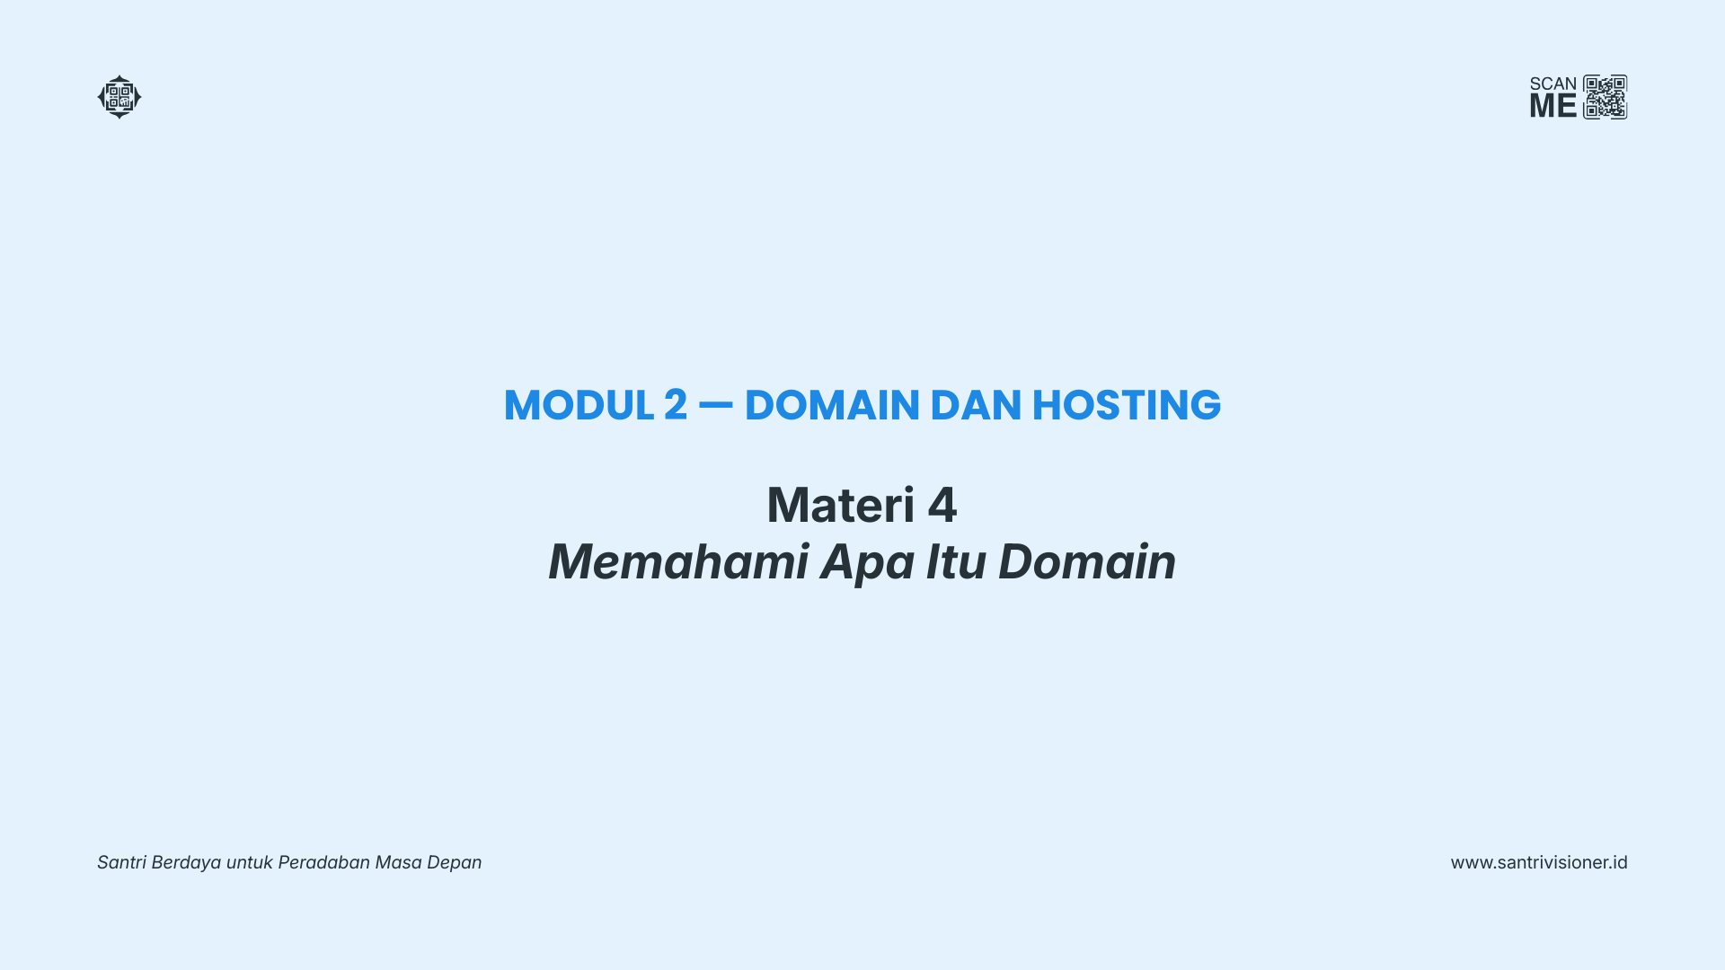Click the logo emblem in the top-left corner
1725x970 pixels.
[x=119, y=97]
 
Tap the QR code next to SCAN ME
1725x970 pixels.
[x=1606, y=97]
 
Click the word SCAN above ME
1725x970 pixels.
[x=1553, y=84]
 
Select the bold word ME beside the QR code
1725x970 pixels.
[x=1553, y=106]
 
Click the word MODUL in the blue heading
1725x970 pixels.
[x=579, y=405]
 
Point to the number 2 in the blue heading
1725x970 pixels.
[x=676, y=405]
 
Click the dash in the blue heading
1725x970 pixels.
[x=716, y=405]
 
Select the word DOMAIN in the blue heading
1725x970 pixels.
[x=832, y=405]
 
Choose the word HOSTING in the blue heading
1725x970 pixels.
[x=1127, y=405]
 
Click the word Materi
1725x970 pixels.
[x=841, y=505]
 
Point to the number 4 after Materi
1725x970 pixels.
[x=942, y=505]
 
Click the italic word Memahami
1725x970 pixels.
[x=679, y=561]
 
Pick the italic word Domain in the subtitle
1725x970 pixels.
[x=1087, y=561]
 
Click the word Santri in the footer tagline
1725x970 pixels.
[x=121, y=862]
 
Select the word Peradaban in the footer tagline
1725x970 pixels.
[x=323, y=862]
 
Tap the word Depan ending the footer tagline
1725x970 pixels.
[x=454, y=863]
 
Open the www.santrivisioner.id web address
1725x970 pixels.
[x=1539, y=862]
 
